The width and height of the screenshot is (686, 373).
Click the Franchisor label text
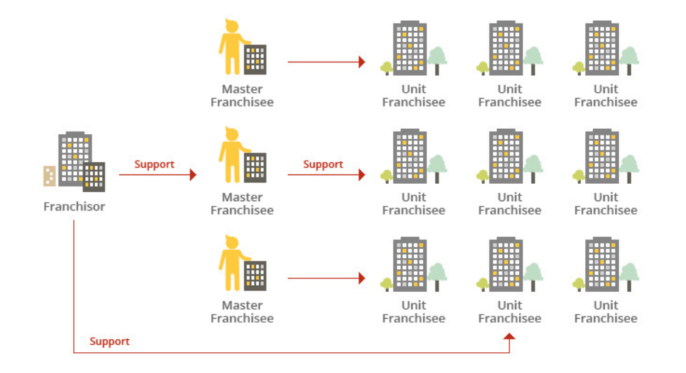74,207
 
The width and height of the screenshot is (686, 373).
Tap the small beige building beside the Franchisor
49,175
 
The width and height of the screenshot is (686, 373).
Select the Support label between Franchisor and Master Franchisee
154,164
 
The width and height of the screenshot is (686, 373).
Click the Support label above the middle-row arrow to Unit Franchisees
323,164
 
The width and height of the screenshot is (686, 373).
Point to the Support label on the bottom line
109,341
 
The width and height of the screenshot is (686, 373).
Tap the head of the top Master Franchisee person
232,26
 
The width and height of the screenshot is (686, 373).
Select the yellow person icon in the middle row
232,156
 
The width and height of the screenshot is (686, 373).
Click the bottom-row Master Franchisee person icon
232,264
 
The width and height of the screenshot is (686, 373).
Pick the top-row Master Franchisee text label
242,95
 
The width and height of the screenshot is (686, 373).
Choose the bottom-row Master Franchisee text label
242,312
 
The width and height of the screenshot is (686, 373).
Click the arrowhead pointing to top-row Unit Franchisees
362,62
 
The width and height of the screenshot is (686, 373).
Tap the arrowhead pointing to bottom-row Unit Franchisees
362,278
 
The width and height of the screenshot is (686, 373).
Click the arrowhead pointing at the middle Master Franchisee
193,174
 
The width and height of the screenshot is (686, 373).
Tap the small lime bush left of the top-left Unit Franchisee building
387,67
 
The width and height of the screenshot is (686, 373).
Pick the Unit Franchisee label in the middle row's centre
509,203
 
